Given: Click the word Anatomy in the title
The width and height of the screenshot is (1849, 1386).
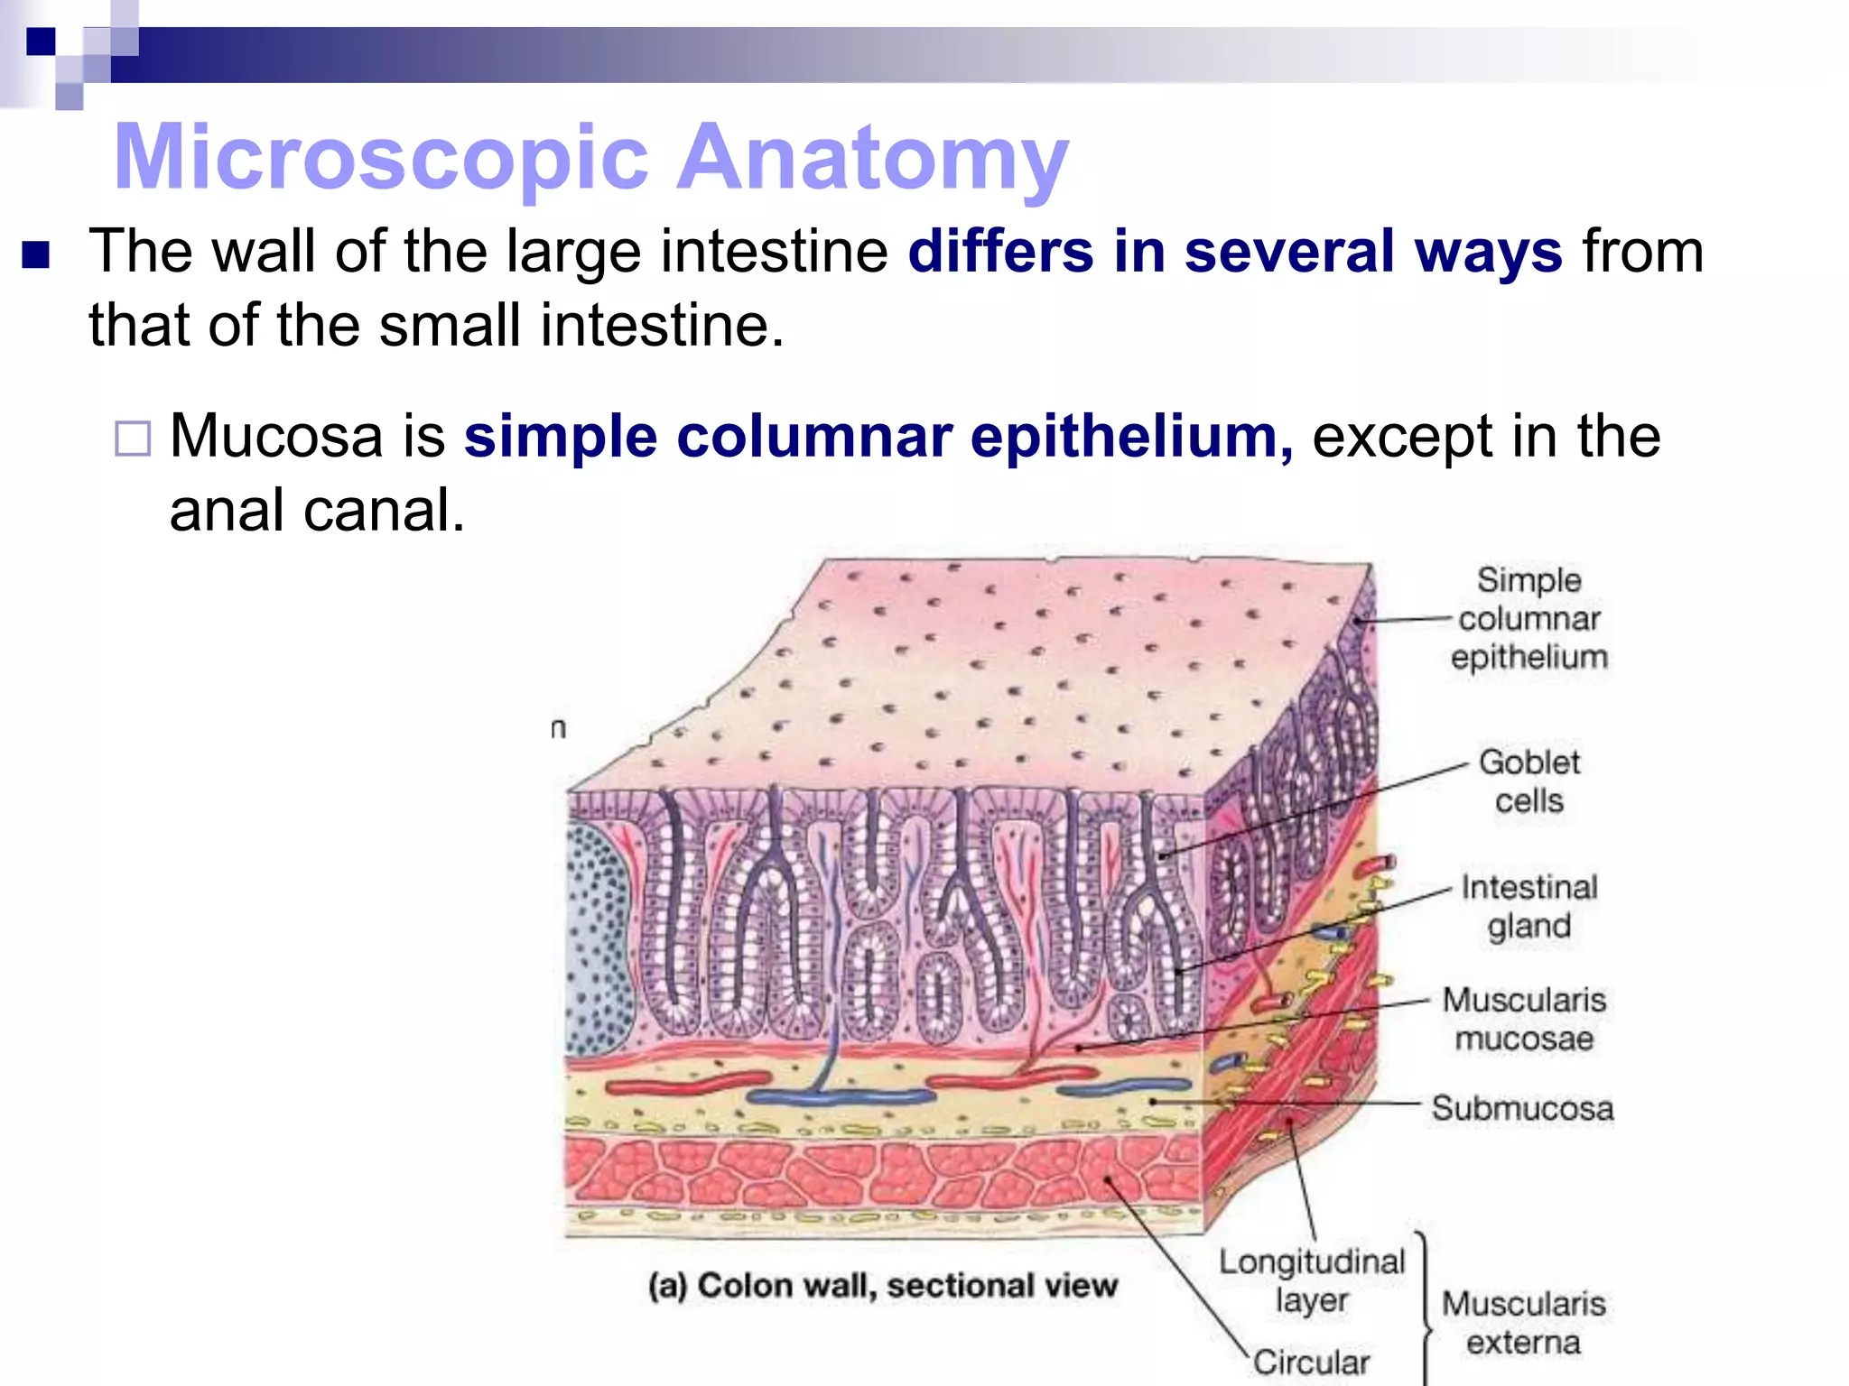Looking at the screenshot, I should point(873,158).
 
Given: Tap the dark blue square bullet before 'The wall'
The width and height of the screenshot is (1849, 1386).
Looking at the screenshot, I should point(36,255).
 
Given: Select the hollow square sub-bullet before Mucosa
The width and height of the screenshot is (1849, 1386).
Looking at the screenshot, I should point(133,439).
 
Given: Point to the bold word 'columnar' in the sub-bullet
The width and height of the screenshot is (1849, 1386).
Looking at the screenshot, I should point(814,437).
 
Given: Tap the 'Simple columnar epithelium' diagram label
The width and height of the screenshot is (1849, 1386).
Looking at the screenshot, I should point(1528,618).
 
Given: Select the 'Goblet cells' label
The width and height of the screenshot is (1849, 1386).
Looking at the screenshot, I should point(1528,781).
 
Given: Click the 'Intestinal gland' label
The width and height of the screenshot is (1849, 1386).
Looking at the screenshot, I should point(1528,906).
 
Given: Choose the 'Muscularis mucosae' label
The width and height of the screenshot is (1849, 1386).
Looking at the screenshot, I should point(1524,1019).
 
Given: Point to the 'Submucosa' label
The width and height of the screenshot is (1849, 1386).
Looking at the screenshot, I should point(1522,1108).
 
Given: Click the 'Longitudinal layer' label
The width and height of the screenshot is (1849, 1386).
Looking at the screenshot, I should point(1312,1280).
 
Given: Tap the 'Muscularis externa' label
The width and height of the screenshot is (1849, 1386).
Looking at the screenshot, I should point(1524,1323).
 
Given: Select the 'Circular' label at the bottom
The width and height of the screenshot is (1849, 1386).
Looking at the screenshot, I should point(1311,1362).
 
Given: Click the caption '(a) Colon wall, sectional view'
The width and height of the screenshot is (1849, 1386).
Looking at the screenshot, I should point(883,1286).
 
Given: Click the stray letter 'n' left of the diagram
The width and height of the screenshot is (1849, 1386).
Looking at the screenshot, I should point(559,728).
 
